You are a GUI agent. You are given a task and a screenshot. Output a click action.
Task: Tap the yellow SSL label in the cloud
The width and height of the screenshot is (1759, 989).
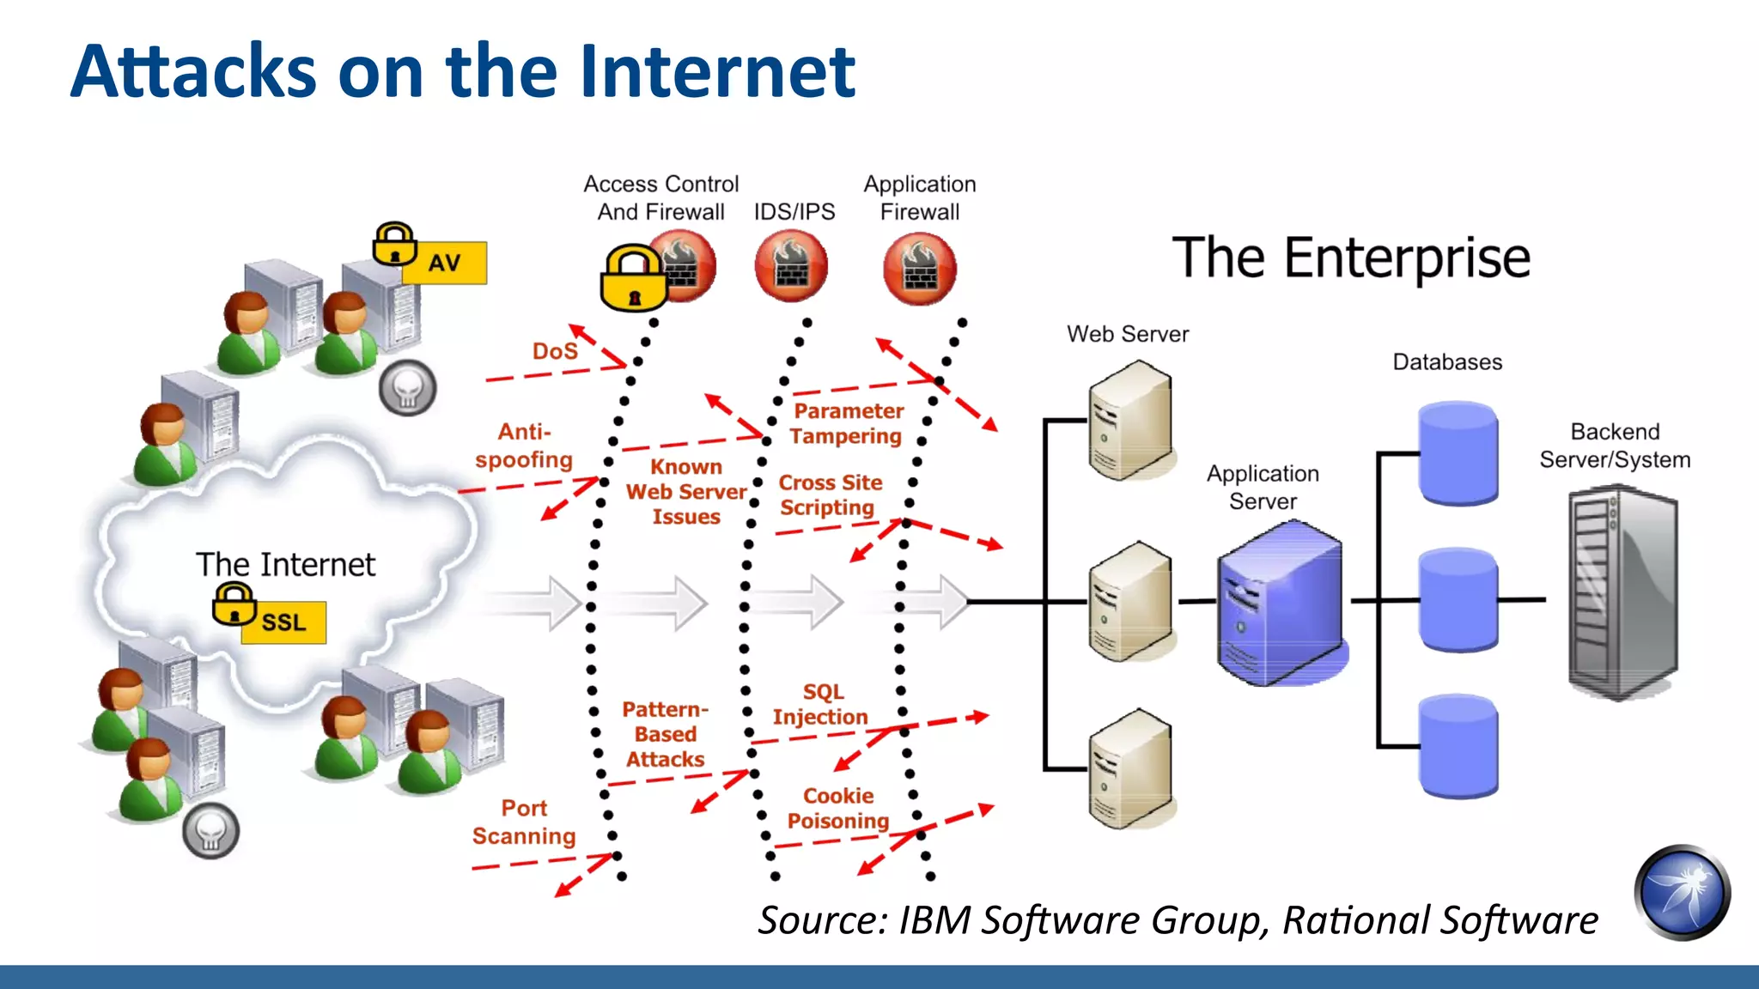point(283,622)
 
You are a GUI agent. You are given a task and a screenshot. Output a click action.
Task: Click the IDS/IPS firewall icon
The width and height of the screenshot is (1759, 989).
point(791,267)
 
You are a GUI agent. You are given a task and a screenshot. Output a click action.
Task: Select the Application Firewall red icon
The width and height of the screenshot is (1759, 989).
point(920,269)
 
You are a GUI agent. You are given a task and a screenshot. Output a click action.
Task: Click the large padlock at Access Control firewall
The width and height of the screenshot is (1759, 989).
point(634,280)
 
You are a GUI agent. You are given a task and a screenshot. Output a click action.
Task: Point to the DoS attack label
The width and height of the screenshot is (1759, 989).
point(555,351)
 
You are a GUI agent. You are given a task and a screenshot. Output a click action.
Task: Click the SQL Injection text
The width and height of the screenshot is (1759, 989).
point(821,704)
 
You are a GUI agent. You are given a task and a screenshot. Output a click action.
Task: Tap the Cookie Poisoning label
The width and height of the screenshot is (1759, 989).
point(838,809)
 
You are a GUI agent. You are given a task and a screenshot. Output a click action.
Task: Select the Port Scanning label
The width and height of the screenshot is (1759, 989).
point(524,822)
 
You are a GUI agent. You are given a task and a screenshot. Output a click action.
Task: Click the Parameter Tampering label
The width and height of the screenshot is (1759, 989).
point(847,423)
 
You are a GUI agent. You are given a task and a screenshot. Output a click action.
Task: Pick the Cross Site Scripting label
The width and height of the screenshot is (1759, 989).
point(829,494)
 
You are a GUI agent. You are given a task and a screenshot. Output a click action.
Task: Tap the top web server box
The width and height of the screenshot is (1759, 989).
point(1129,421)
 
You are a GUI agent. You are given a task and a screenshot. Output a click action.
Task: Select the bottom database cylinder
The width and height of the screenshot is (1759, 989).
point(1458,745)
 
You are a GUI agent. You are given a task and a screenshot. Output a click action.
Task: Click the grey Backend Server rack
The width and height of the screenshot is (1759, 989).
point(1622,592)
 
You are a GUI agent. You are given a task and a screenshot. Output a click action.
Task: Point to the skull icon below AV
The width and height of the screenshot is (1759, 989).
point(408,389)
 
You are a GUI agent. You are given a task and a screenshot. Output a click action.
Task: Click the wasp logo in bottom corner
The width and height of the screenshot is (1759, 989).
point(1681,893)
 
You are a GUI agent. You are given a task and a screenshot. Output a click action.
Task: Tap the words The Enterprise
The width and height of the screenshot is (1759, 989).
point(1351,258)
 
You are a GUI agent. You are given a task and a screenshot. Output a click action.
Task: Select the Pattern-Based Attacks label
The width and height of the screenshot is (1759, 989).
point(665,735)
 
